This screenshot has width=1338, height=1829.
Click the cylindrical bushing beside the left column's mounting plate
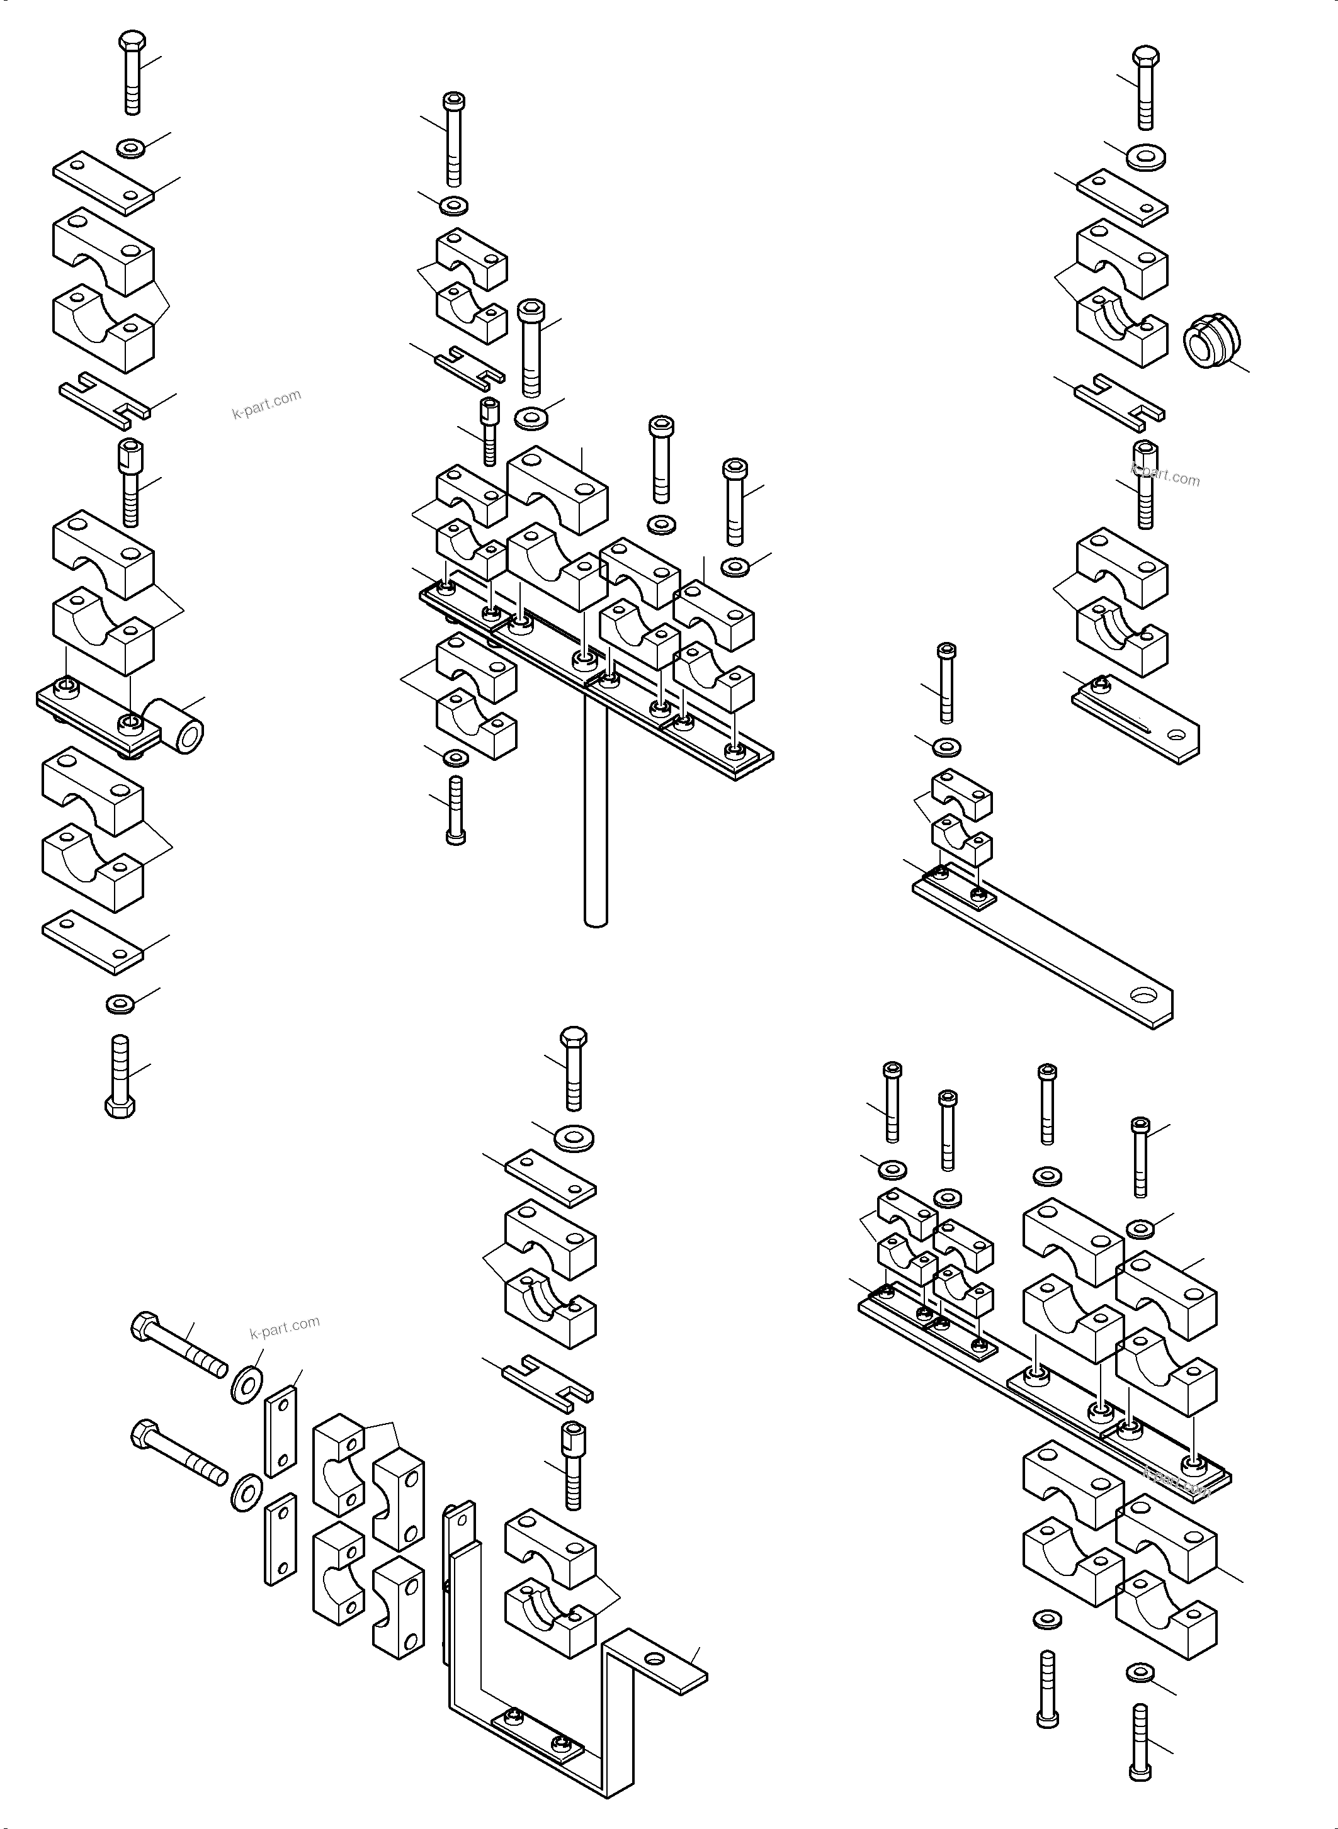pyautogui.click(x=181, y=728)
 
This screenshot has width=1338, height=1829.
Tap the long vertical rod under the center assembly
pyautogui.click(x=595, y=809)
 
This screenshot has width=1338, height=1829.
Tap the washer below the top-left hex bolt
pyautogui.click(x=131, y=148)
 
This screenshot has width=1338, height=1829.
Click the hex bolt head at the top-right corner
pyautogui.click(x=1145, y=57)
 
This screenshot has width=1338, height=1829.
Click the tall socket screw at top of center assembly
pyautogui.click(x=453, y=138)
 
